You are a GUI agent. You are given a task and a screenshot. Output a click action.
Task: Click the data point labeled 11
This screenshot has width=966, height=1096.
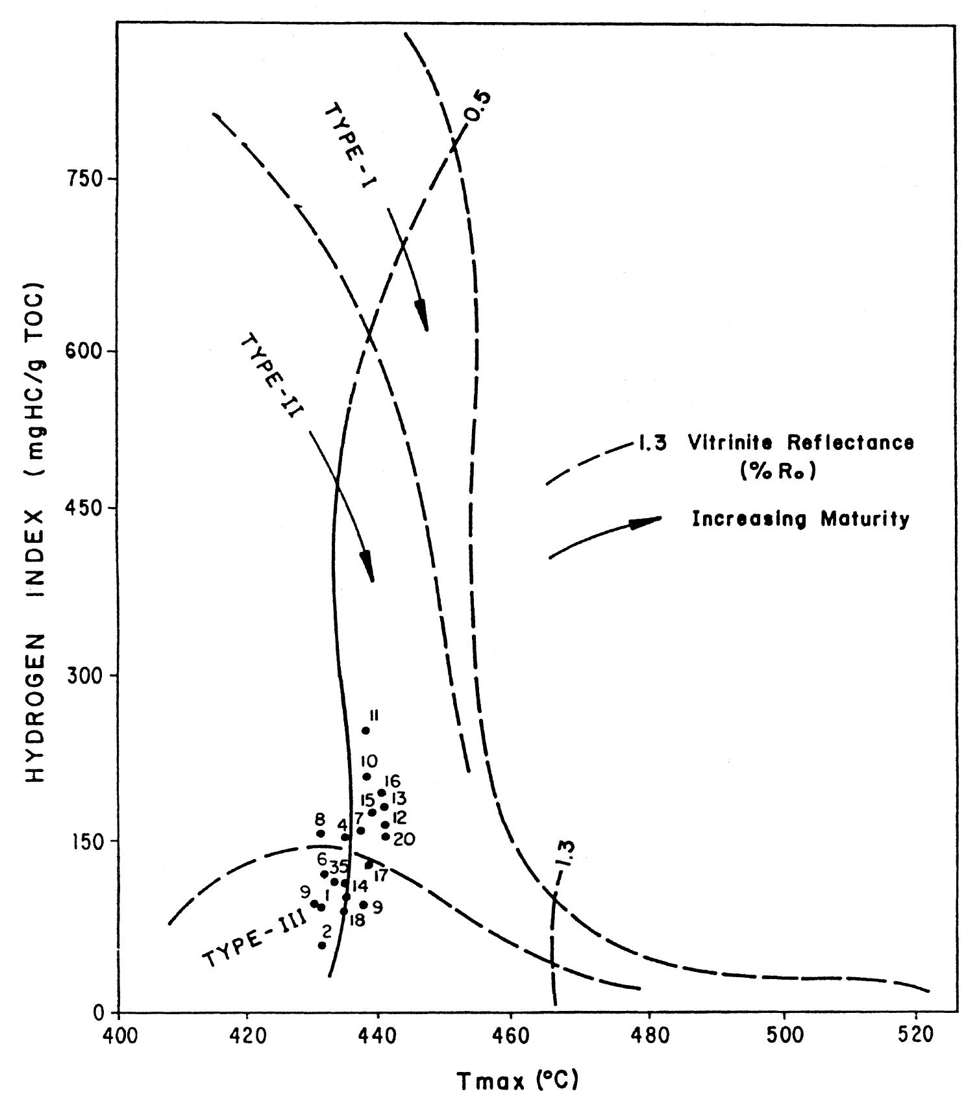[x=365, y=730]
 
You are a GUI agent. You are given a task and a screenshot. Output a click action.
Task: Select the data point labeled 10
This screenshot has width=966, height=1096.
[x=367, y=777]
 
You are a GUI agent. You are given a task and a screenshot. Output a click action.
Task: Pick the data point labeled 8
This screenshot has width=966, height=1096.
[x=321, y=834]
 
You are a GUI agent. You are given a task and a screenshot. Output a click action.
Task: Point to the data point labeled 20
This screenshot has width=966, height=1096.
[x=386, y=836]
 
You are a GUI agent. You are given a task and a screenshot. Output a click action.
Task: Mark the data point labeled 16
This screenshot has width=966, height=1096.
[x=382, y=792]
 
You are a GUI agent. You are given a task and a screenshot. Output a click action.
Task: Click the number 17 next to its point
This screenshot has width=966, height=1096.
[x=381, y=876]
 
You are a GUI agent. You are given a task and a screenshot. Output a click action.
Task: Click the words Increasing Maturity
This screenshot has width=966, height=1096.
[x=800, y=519]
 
